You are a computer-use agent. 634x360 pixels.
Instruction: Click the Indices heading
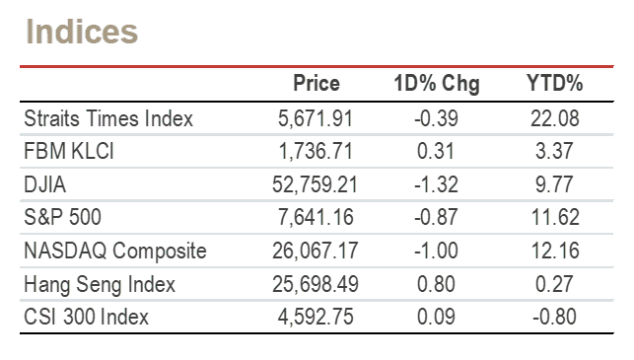coord(82,32)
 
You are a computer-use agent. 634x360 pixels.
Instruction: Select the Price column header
coord(317,83)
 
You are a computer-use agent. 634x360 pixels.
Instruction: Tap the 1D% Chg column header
coord(437,84)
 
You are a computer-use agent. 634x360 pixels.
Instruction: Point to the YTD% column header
coord(555,83)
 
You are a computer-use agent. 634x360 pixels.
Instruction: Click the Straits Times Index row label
coord(108,118)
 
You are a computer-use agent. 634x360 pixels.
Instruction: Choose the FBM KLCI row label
coord(69,151)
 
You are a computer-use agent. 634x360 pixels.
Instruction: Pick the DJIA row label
coord(45,184)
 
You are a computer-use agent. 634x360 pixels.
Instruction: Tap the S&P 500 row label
coord(63,217)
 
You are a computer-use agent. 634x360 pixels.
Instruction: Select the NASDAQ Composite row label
coord(115,251)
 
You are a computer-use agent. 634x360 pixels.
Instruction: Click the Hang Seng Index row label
coord(100,284)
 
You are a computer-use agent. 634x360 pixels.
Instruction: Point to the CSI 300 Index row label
coord(86,317)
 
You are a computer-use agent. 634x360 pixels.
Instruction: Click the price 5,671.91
coord(316,119)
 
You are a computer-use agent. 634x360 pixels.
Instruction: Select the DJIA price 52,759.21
coord(315,184)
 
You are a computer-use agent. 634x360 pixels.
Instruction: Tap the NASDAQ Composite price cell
coord(315,251)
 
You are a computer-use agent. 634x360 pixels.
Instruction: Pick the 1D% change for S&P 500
coord(436,217)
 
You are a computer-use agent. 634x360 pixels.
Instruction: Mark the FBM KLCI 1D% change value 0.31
coord(436,151)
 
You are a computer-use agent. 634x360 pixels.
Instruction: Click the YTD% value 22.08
coord(555,118)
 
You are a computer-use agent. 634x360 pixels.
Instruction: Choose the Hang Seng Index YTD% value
coord(554,284)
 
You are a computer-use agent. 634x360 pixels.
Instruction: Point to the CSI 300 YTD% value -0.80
coord(554,317)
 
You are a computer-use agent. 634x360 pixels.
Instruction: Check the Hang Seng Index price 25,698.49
coord(315,284)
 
